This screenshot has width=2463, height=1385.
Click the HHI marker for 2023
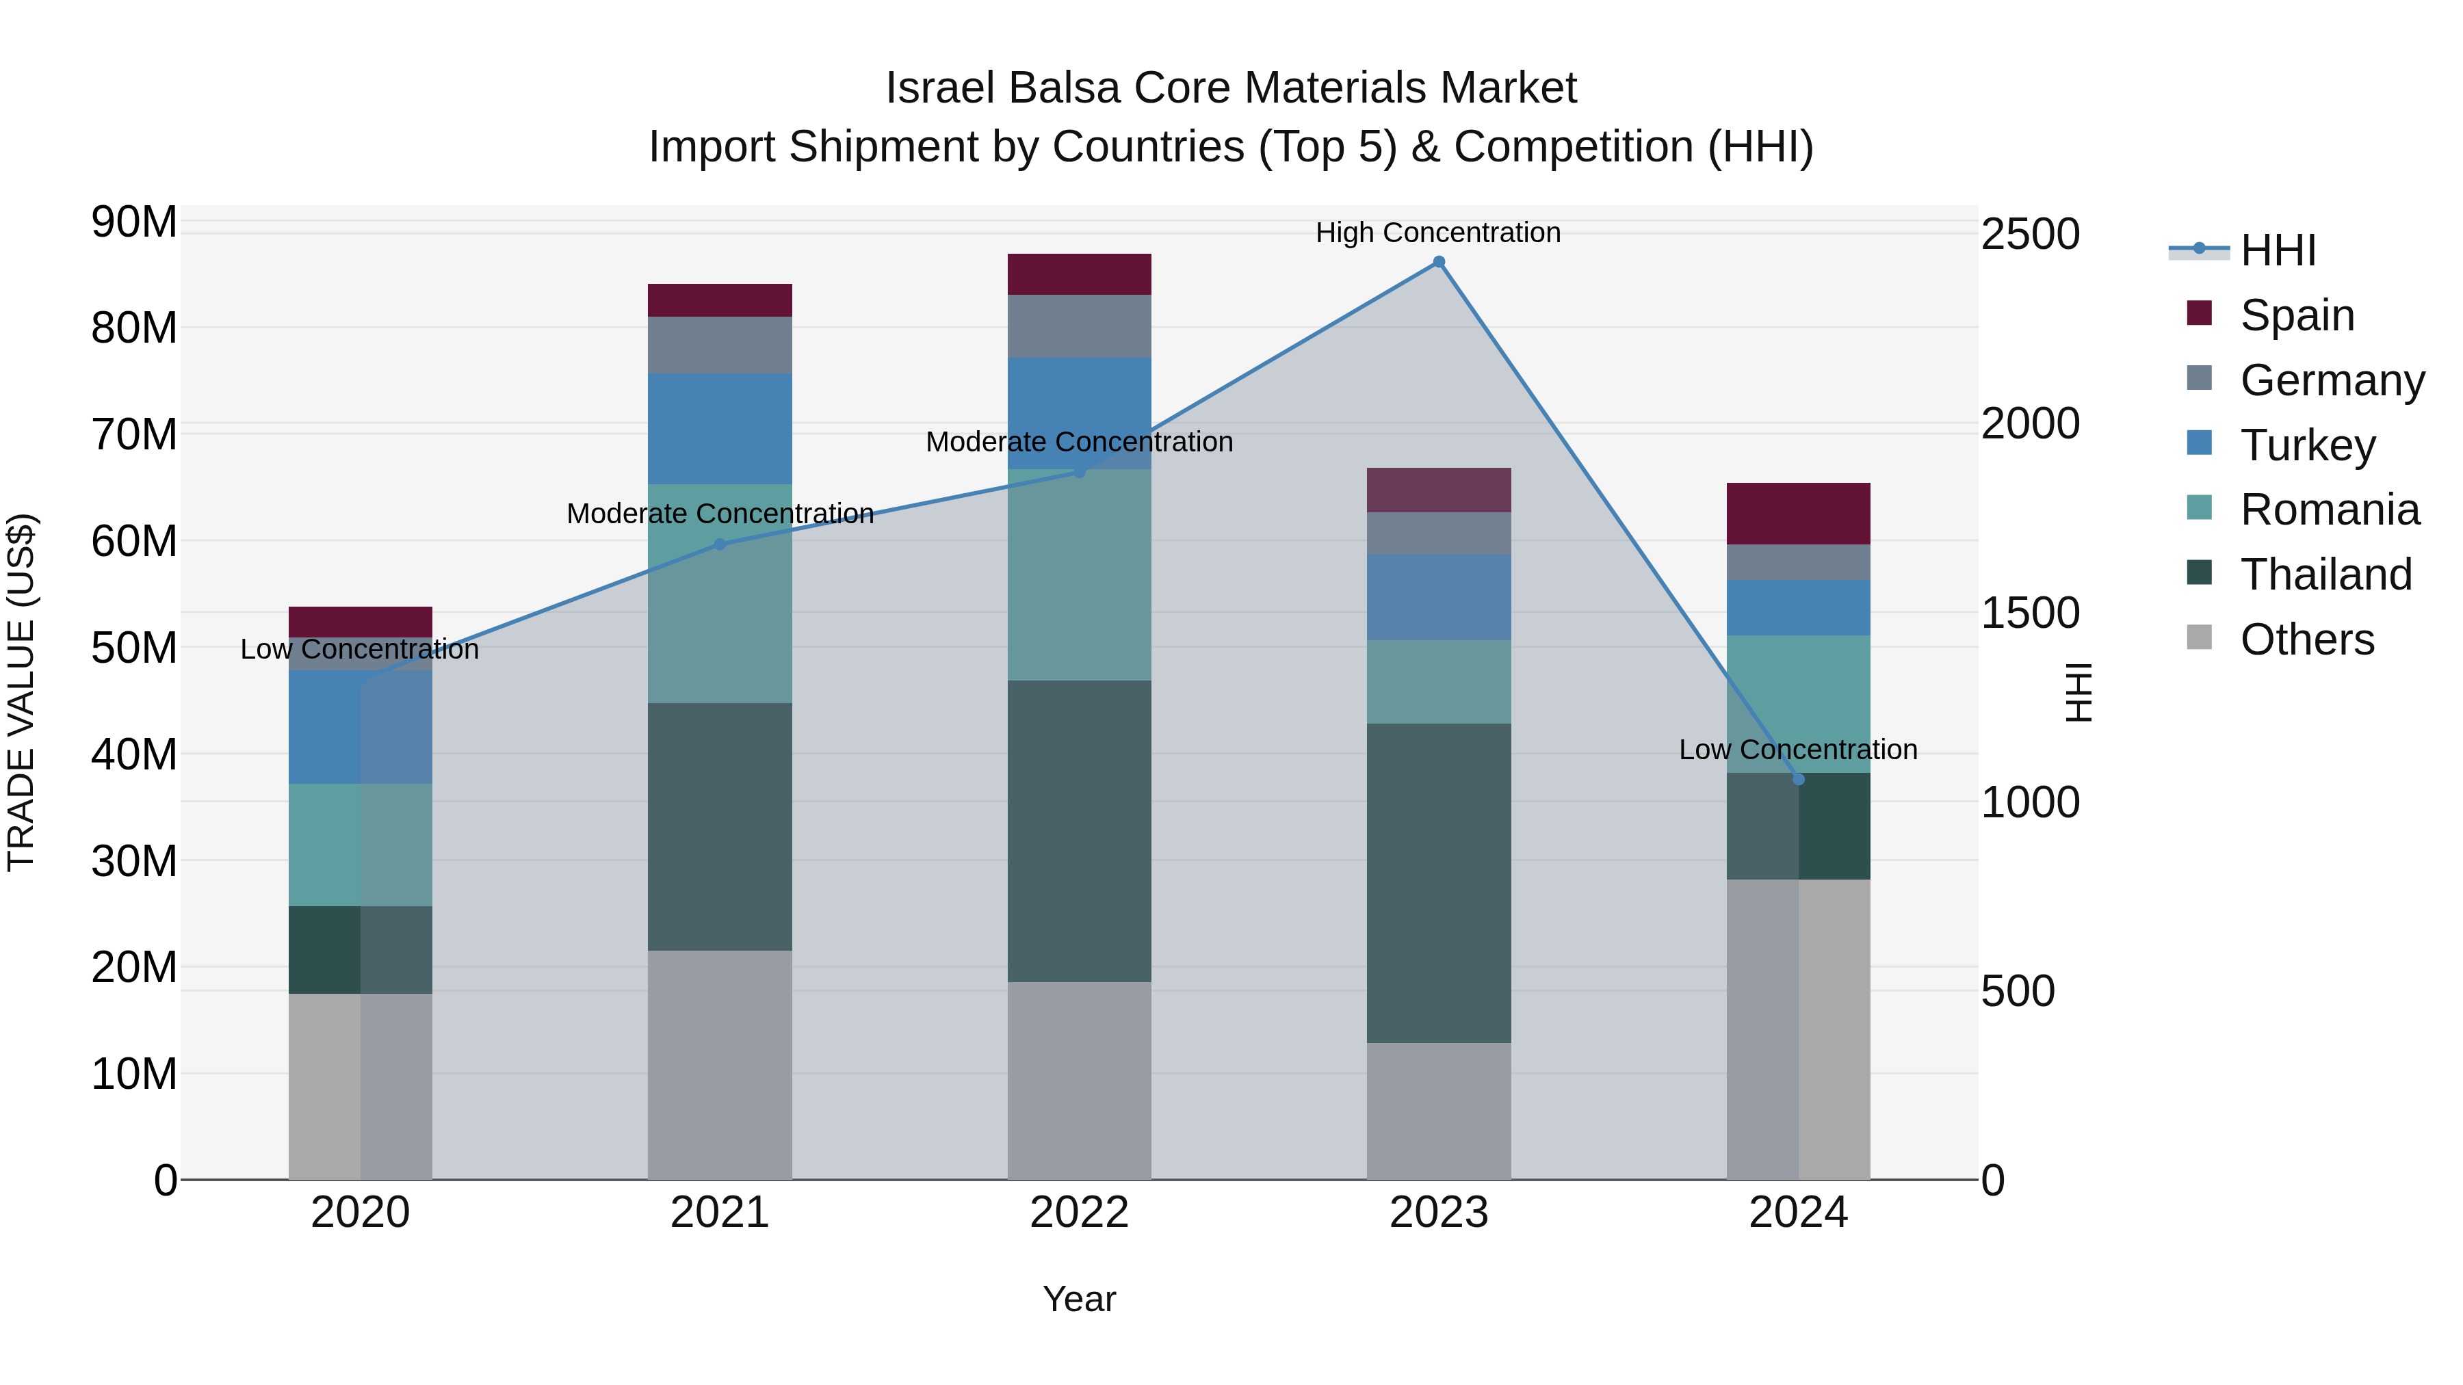pos(1438,262)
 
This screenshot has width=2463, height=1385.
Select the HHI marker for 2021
pos(720,544)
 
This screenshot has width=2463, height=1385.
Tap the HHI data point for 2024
pos(1799,780)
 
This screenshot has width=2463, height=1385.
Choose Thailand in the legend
pos(2325,575)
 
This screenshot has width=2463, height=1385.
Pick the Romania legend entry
pos(2329,510)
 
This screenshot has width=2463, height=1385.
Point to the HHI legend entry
pos(2278,250)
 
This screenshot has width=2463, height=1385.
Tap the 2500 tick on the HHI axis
pos(2029,234)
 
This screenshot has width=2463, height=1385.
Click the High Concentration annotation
pos(1438,233)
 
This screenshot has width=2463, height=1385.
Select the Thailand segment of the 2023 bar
pos(1438,882)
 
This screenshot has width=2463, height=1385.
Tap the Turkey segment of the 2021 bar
pos(720,428)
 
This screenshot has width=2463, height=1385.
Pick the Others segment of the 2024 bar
pos(1799,1029)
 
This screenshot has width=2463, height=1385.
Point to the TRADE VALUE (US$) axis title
pos(21,692)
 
